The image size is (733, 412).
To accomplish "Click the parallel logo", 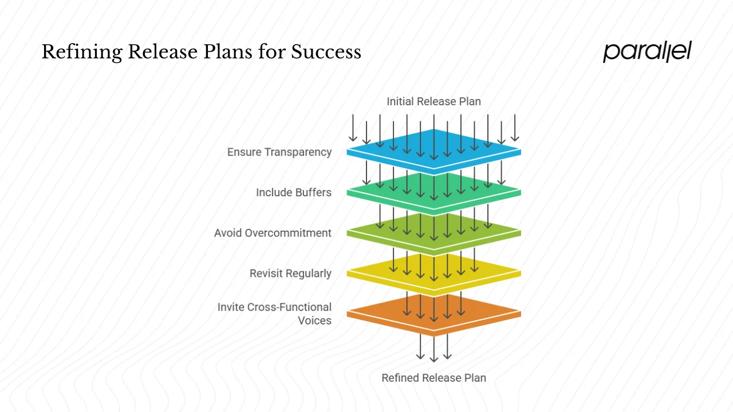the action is pos(647,51).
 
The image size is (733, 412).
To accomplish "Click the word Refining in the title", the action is pos(81,53).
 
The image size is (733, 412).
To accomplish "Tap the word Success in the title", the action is pos(326,53).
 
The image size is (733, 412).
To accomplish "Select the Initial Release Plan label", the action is pos(434,102).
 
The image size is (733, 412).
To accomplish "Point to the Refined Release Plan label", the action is pos(434,378).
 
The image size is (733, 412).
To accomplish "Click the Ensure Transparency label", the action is pos(279,152).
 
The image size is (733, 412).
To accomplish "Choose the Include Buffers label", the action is pos(294,192).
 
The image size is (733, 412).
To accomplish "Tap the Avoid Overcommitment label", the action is pos(273,233).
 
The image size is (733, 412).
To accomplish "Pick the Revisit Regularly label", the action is pos(290,274).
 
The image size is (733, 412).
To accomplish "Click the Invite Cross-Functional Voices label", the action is pos(275,314).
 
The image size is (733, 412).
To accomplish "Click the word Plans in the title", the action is pos(227,53).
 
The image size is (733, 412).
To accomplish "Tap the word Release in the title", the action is pos(162,53).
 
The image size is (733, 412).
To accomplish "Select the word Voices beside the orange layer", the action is pos(314,320).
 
